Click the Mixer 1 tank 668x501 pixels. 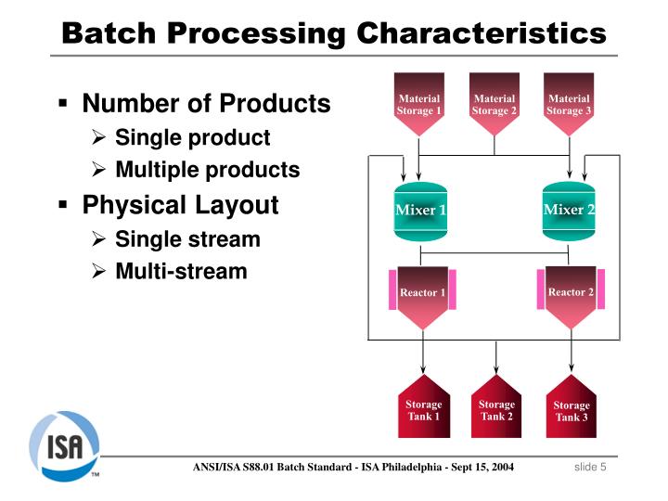click(x=420, y=212)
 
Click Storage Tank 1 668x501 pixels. click(x=423, y=406)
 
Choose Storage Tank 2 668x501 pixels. click(x=496, y=406)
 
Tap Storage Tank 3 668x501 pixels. click(x=572, y=406)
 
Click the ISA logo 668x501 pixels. click(x=64, y=445)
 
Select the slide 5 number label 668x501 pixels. click(x=590, y=467)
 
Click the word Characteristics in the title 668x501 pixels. click(x=482, y=33)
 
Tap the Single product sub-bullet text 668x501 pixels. click(x=193, y=138)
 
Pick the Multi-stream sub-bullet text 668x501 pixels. click(x=181, y=271)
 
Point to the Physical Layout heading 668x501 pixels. click(x=180, y=205)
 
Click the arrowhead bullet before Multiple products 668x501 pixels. click(x=98, y=170)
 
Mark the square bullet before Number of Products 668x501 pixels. click(x=63, y=103)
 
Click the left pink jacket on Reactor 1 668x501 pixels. click(x=392, y=289)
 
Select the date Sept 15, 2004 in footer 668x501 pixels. click(x=482, y=467)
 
